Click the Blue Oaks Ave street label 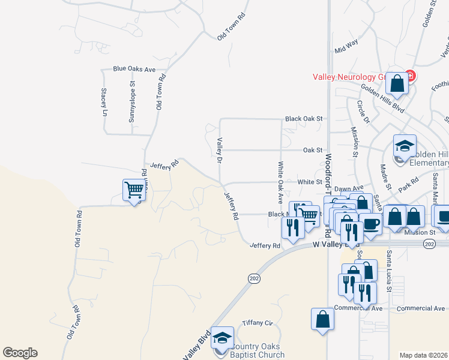pos(134,69)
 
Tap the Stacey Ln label pos(104,102)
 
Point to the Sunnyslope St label pos(132,107)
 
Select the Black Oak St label pos(304,119)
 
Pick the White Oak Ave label pos(280,180)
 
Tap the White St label pos(310,182)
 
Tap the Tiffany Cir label pos(257,323)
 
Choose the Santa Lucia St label pos(389,271)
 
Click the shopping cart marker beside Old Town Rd pos(134,191)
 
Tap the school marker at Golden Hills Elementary pos(405,146)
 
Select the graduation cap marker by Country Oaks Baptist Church pos(222,339)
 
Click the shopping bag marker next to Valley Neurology pos(397,84)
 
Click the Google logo pos(20,353)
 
